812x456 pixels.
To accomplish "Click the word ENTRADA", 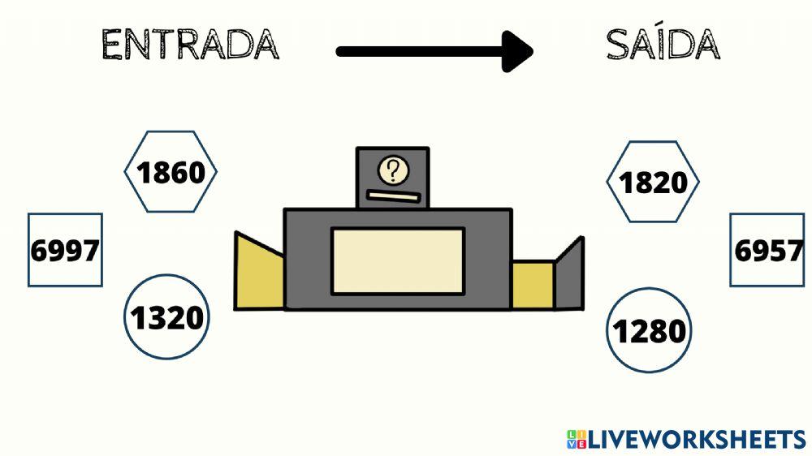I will pyautogui.click(x=190, y=45).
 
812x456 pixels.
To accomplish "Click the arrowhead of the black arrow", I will pyautogui.click(x=518, y=52).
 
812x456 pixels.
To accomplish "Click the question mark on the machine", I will pyautogui.click(x=394, y=171).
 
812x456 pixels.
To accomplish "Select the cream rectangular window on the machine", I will pyautogui.click(x=398, y=261).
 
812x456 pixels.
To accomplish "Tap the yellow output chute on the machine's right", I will pyautogui.click(x=533, y=285).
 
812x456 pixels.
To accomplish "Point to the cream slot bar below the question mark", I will pyautogui.click(x=392, y=196).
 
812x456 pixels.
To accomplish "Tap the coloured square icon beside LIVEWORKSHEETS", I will pyautogui.click(x=576, y=440).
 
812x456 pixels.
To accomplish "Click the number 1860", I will pyautogui.click(x=171, y=173).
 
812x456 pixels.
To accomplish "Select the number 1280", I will pyautogui.click(x=649, y=331).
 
